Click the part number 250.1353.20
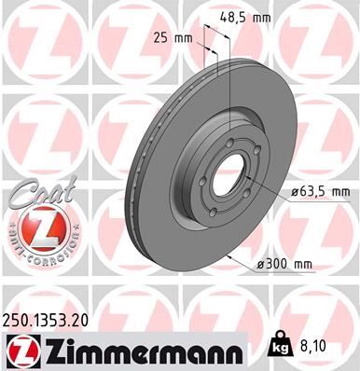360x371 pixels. [53, 319]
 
